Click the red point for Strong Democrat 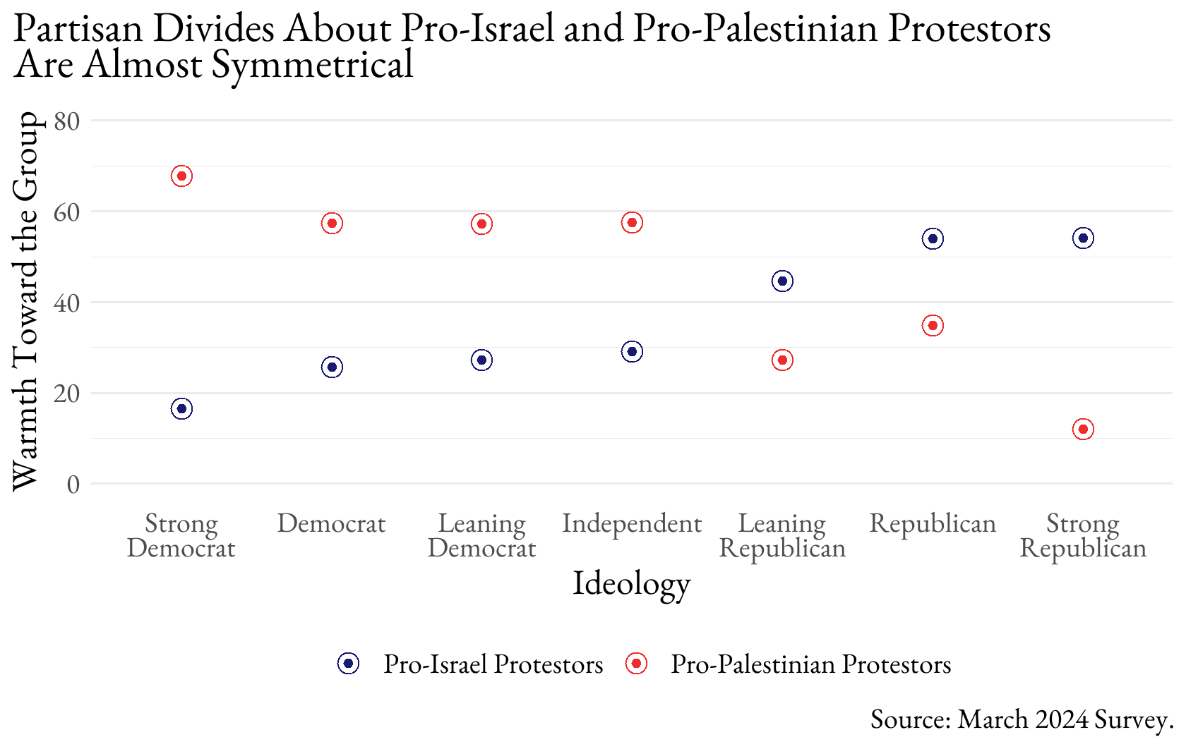(181, 176)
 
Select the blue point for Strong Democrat (181, 409)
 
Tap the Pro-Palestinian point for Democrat (332, 224)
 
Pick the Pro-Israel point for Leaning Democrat (481, 360)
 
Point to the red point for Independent (632, 223)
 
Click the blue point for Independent (632, 352)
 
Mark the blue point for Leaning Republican (782, 281)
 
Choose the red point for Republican (933, 326)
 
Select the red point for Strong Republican (1083, 430)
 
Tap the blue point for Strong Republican (1083, 238)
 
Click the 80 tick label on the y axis (67, 121)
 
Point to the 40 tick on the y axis (67, 303)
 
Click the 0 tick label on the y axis (73, 485)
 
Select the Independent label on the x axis (632, 523)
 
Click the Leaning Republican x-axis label (782, 535)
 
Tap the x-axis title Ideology (632, 583)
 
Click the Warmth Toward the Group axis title (26, 301)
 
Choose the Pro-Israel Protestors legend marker (348, 664)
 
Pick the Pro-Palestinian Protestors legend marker (636, 664)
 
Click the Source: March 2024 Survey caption (1022, 719)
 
